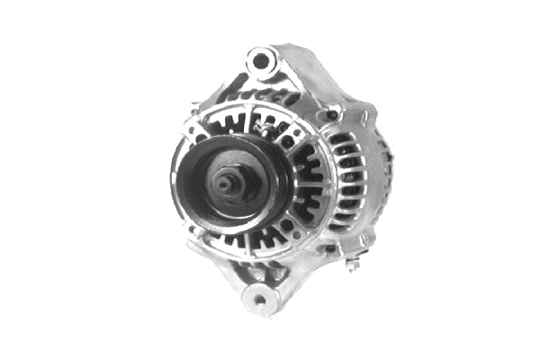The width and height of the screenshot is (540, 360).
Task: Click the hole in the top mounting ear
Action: coord(260,61)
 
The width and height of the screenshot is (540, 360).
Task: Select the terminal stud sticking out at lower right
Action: coord(355,265)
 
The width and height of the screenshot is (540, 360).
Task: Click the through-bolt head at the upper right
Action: coord(332,116)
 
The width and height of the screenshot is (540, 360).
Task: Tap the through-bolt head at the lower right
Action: coord(330,247)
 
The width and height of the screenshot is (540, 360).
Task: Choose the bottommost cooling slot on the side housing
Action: coord(347,229)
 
